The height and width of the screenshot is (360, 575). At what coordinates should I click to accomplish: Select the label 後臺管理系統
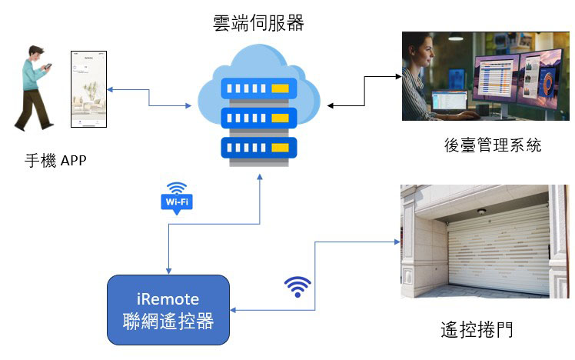click(493, 145)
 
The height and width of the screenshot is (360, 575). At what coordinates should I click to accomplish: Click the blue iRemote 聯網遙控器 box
click(168, 309)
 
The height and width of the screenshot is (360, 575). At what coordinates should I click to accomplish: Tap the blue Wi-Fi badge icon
click(176, 198)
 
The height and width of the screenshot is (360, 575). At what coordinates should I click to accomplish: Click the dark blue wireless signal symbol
click(298, 286)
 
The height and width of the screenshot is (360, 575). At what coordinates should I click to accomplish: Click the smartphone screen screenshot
click(87, 90)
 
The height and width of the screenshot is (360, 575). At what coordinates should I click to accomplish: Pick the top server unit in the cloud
click(258, 89)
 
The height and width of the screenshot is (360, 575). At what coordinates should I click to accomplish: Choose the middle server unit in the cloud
click(258, 118)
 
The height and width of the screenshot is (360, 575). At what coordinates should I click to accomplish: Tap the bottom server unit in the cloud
click(258, 146)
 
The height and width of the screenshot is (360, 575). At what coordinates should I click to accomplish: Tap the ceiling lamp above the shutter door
click(482, 212)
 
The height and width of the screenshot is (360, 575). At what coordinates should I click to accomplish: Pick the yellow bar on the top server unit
click(281, 89)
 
